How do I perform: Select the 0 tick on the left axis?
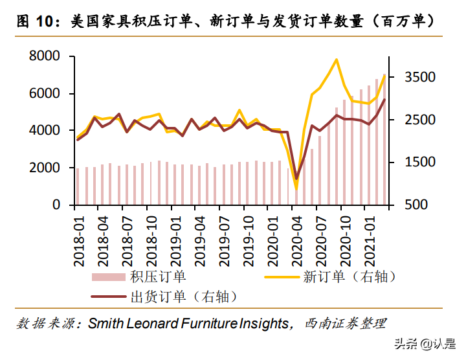[x=56, y=205]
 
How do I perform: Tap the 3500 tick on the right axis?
[x=417, y=77]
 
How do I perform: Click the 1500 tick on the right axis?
[x=417, y=163]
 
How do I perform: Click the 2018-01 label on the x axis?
[x=79, y=239]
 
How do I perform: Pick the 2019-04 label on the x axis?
[x=201, y=239]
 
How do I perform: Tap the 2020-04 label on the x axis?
[x=297, y=239]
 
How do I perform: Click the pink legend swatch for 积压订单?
[x=109, y=277]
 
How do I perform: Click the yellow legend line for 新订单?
[x=282, y=277]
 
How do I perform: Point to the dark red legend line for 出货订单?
[x=109, y=298]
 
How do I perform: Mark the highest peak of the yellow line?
[x=337, y=60]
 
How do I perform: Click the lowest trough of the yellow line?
[x=296, y=189]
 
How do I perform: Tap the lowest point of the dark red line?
[x=296, y=179]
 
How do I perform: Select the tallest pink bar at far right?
[x=384, y=142]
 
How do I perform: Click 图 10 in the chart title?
[x=31, y=21]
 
